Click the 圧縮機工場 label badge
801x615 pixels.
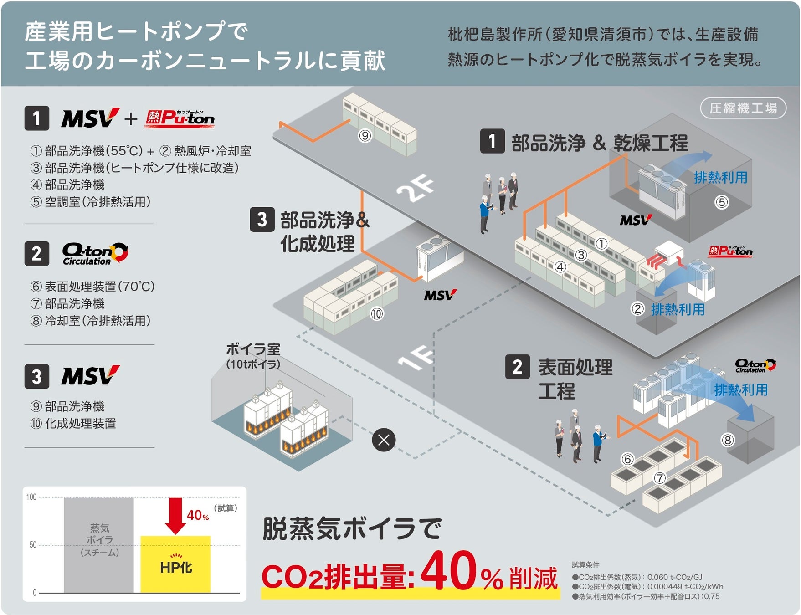click(743, 108)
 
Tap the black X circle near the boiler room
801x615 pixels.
click(384, 440)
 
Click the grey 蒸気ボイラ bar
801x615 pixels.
click(99, 544)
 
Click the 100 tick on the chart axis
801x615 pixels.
click(31, 497)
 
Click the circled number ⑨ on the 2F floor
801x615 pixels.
click(365, 136)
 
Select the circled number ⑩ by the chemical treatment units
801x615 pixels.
click(377, 314)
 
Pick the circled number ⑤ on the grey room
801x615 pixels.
click(722, 202)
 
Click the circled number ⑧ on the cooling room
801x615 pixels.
click(728, 440)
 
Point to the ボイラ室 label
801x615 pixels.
click(253, 349)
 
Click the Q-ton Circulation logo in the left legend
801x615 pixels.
click(95, 254)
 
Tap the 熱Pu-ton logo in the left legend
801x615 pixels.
click(180, 119)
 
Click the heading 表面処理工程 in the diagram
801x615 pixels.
click(575, 379)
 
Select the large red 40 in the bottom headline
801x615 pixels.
click(448, 570)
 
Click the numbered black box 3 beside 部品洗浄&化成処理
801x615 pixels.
click(262, 220)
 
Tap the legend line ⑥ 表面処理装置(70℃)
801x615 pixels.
click(92, 287)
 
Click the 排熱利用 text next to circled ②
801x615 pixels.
click(678, 310)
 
